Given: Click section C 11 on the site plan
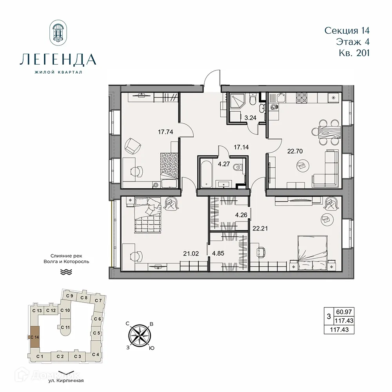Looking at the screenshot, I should coord(65,327).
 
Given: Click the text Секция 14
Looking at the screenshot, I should coord(347,30).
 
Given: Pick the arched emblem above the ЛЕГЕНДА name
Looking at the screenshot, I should coord(58,33).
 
